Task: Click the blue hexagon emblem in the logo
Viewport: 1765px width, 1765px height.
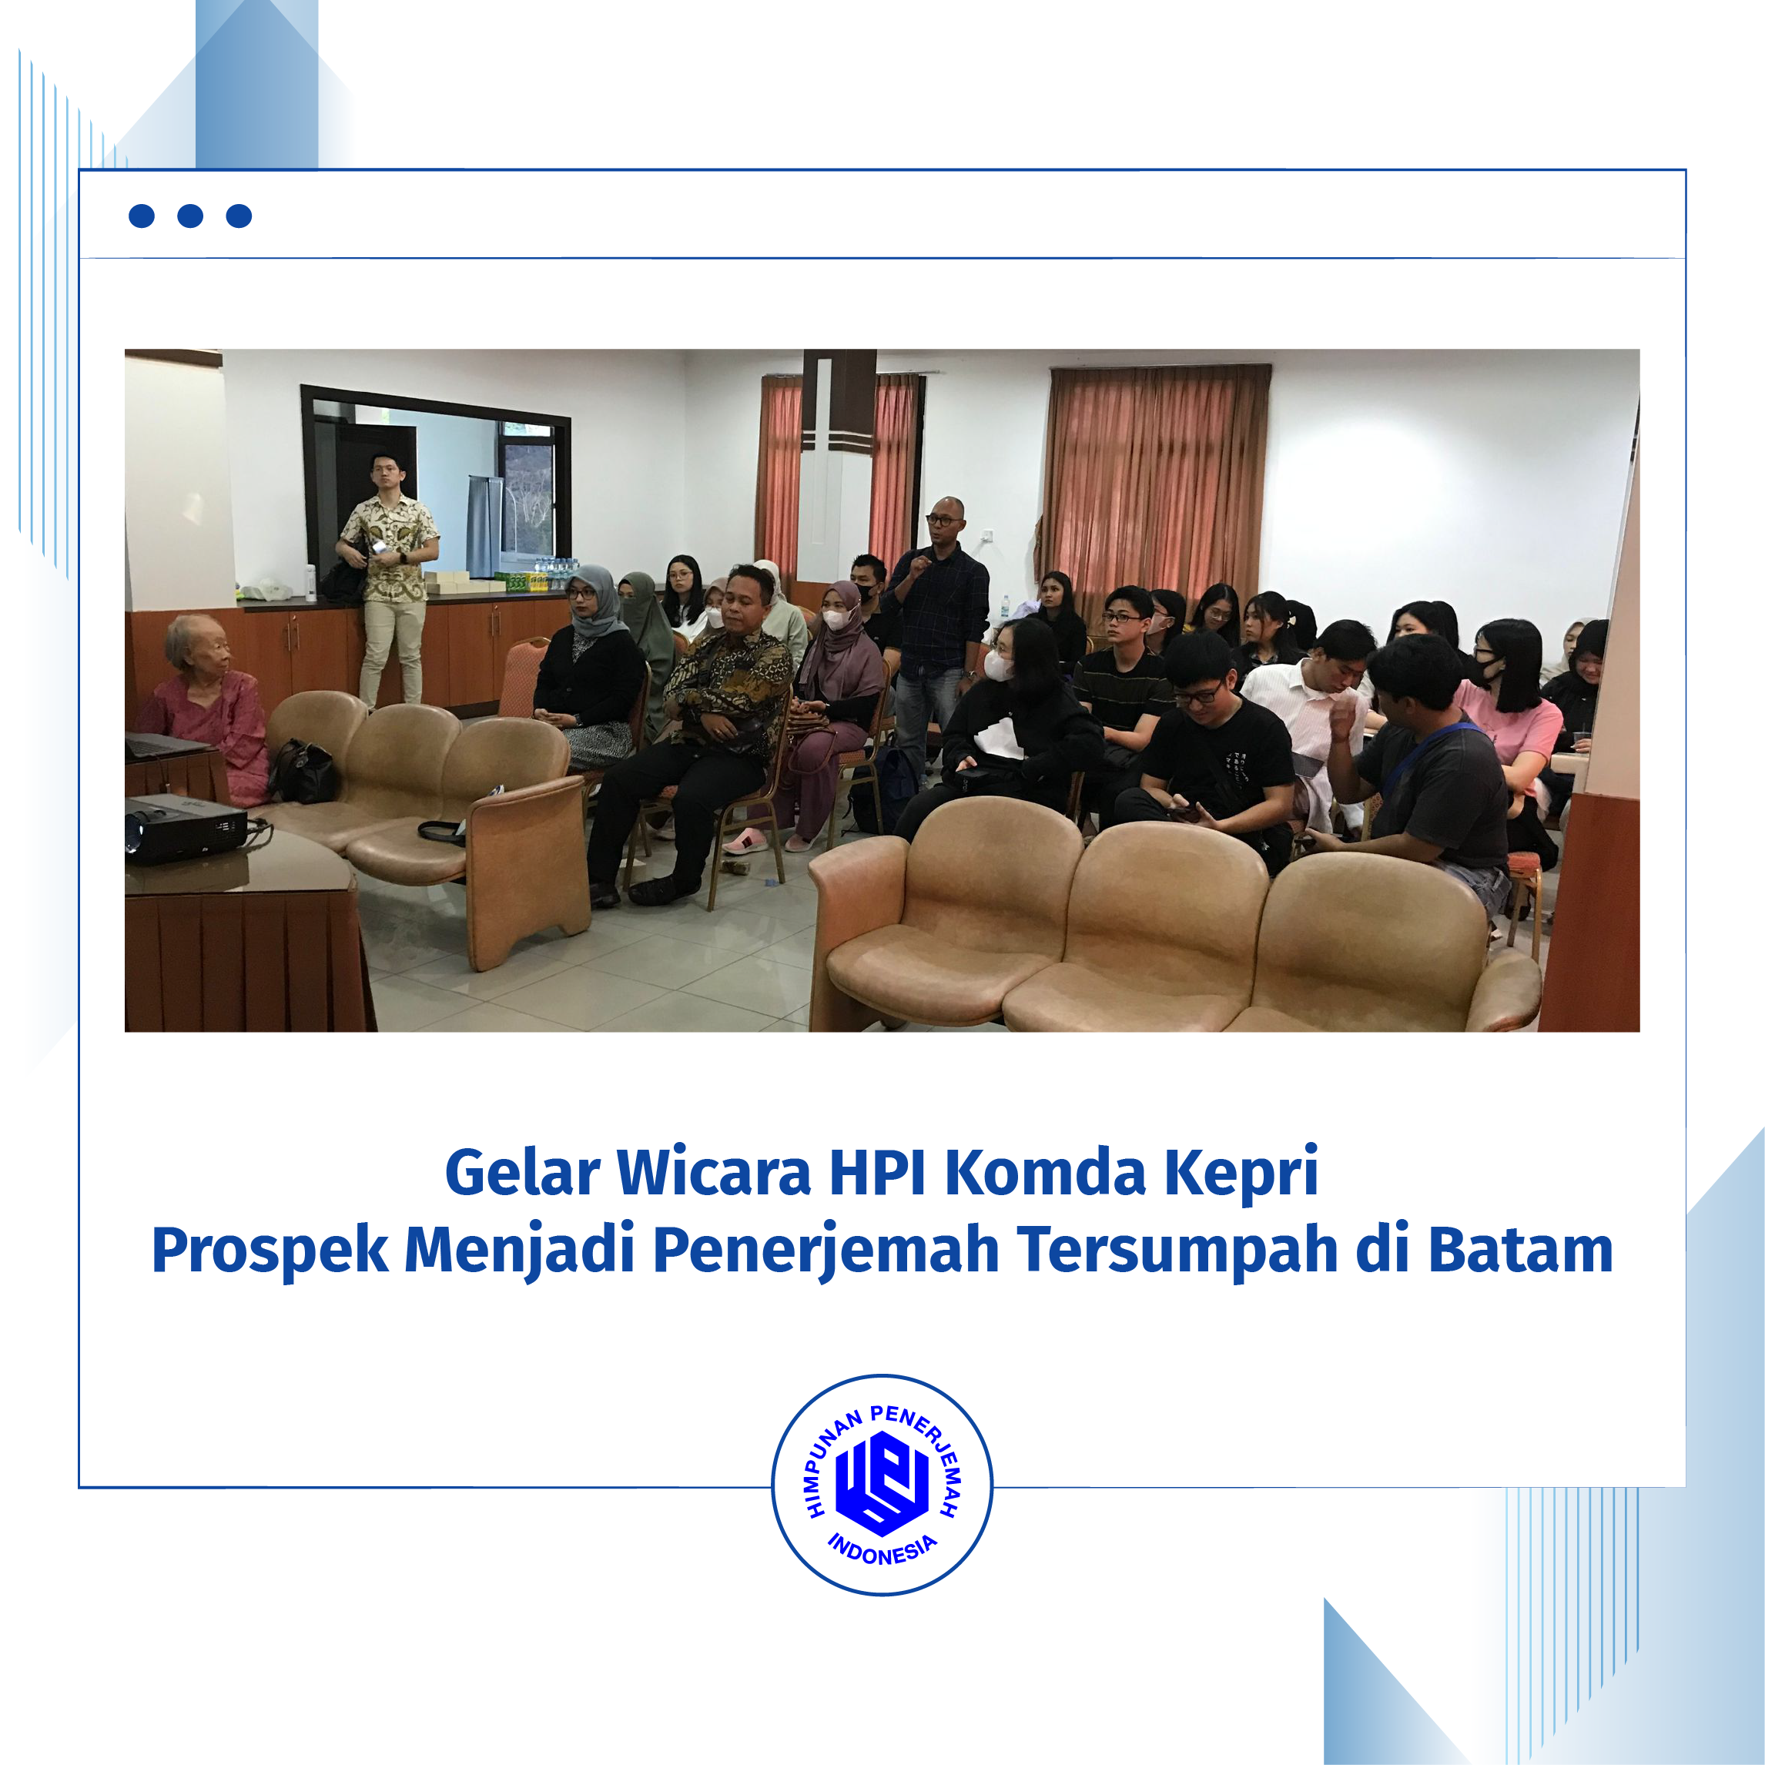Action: tap(882, 1482)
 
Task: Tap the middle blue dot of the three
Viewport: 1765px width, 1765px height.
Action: tap(190, 216)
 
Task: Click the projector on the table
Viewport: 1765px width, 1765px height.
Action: tap(187, 827)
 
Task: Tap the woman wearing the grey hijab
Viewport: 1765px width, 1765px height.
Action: tap(589, 671)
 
